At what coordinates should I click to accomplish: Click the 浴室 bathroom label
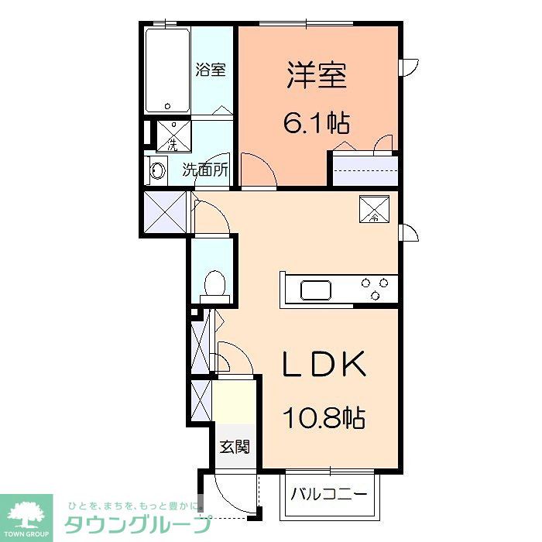tap(211, 69)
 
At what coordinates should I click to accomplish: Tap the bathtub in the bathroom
tap(167, 70)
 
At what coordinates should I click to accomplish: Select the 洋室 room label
tap(317, 76)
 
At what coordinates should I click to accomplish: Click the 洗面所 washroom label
tap(205, 170)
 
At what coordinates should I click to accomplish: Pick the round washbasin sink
tap(158, 170)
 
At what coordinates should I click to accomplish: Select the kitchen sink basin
tap(316, 290)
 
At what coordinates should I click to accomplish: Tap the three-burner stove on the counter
tap(376, 289)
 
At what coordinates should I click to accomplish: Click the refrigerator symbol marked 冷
tap(374, 208)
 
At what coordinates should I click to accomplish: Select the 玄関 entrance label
tap(234, 447)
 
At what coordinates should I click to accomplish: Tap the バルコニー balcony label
tap(330, 492)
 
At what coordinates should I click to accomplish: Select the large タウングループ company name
tap(136, 523)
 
